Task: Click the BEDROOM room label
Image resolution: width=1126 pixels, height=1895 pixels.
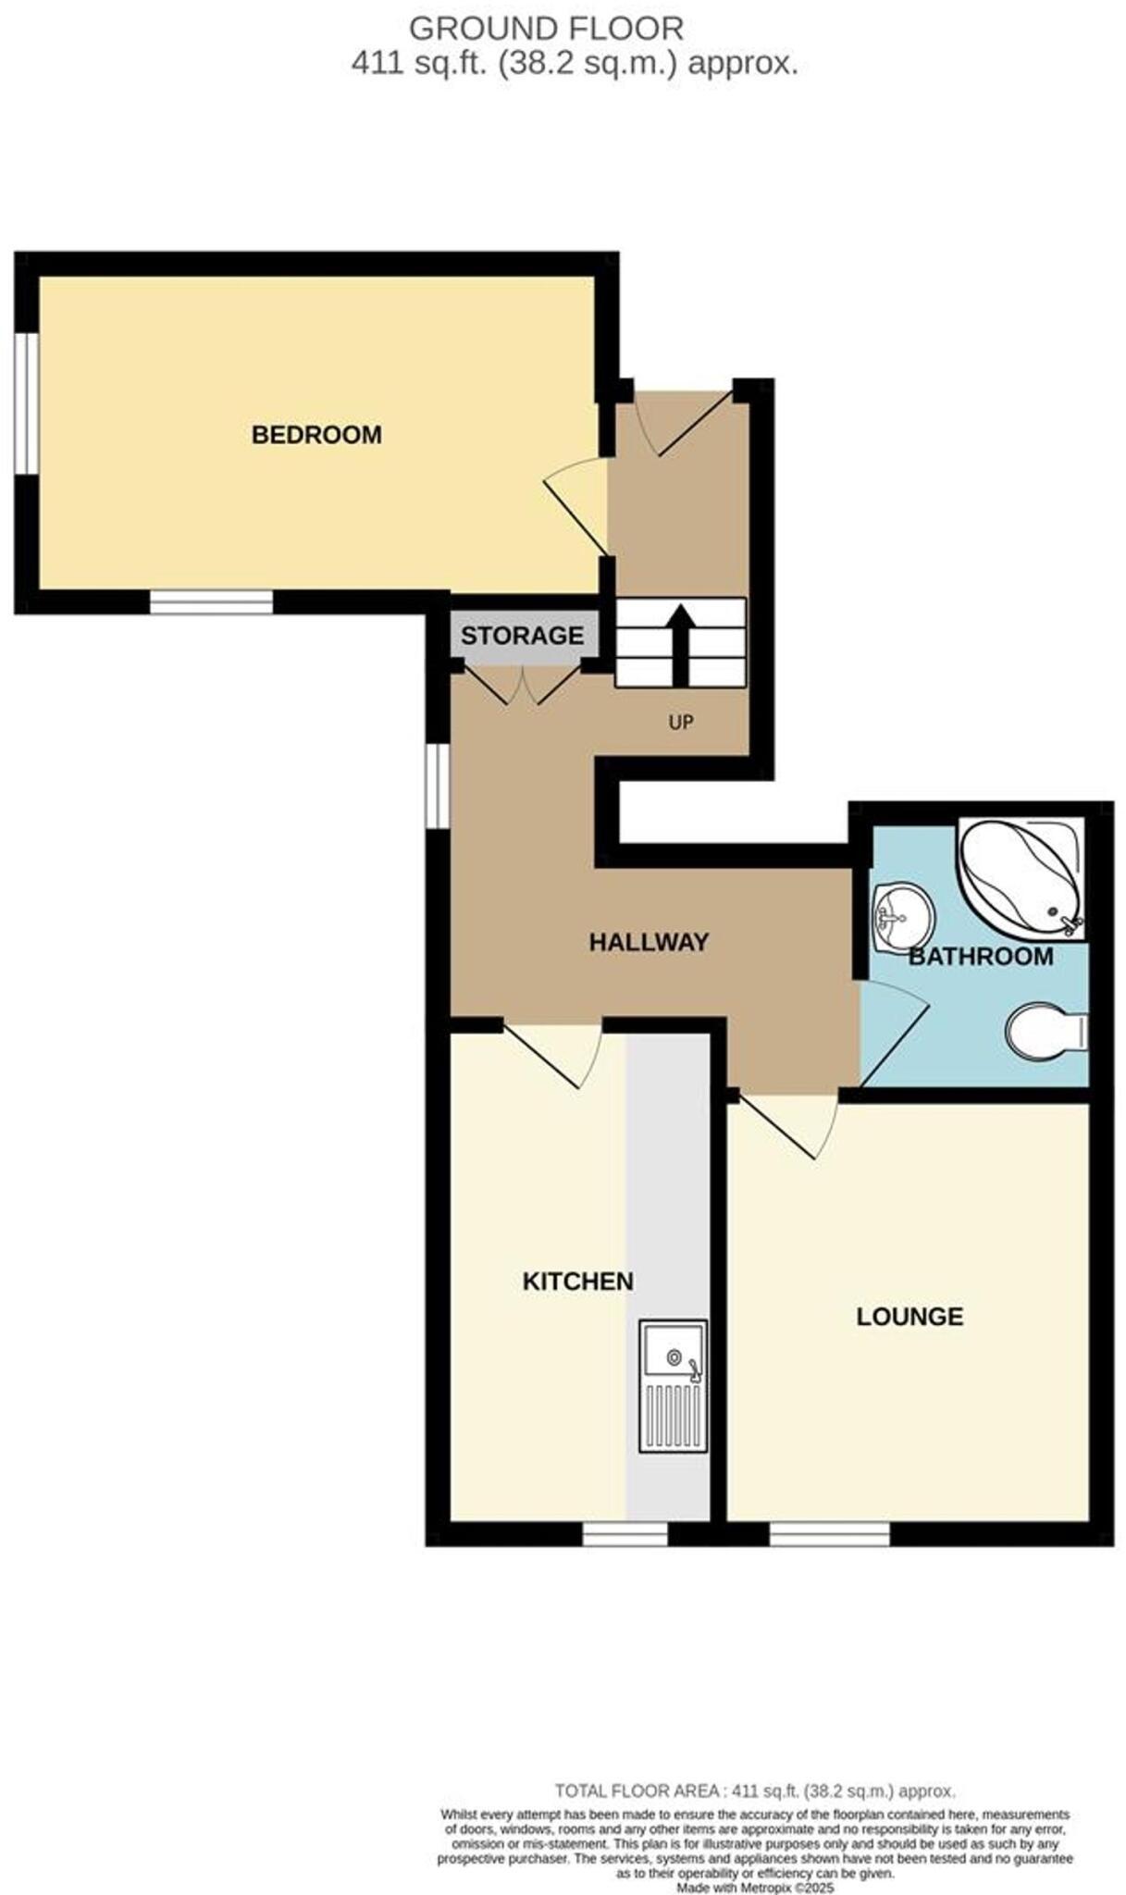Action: pyautogui.click(x=316, y=434)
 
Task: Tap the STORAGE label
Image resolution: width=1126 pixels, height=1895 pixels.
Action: pyautogui.click(x=522, y=636)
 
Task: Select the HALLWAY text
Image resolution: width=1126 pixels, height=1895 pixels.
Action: pyautogui.click(x=649, y=942)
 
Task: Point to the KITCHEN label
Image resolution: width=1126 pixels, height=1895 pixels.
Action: pyautogui.click(x=577, y=1281)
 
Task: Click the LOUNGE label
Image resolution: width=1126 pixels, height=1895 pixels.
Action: pyautogui.click(x=909, y=1316)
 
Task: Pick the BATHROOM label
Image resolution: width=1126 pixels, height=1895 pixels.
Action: pyautogui.click(x=980, y=956)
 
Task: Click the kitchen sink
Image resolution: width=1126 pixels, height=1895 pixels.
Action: pyautogui.click(x=673, y=1385)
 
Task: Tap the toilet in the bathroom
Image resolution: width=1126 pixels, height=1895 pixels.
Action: pyautogui.click(x=1046, y=1031)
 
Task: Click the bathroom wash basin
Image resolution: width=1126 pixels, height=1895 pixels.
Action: pyautogui.click(x=902, y=916)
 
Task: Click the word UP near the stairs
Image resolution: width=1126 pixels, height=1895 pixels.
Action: pyautogui.click(x=681, y=722)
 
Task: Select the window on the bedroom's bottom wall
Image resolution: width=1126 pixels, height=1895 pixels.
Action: pyautogui.click(x=211, y=602)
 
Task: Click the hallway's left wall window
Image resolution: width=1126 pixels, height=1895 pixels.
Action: pyautogui.click(x=438, y=786)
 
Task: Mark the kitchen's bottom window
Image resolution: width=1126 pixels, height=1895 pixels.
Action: pyautogui.click(x=625, y=1534)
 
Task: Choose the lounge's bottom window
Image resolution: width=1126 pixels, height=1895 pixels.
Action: pyautogui.click(x=829, y=1534)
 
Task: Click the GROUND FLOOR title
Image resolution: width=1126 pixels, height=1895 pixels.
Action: pyautogui.click(x=546, y=29)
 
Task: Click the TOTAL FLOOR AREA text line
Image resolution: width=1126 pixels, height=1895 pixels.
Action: pyautogui.click(x=754, y=1791)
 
